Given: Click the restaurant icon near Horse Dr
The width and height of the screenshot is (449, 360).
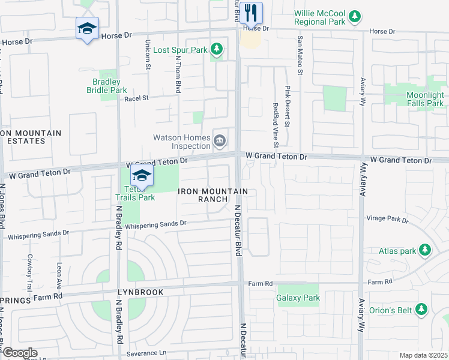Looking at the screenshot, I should [251, 12].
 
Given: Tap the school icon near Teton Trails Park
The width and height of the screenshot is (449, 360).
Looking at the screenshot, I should [142, 175].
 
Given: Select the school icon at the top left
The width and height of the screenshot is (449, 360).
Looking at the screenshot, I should [87, 28].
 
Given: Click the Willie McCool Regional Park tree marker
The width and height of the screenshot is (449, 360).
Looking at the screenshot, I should [355, 15].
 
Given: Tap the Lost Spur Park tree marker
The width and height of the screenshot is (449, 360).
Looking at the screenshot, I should [217, 49].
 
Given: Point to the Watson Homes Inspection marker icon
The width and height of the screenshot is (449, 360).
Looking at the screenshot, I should [220, 142].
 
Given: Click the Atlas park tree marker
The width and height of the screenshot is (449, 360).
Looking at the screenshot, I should [425, 249].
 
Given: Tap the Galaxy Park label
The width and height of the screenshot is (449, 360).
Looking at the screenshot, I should [298, 298].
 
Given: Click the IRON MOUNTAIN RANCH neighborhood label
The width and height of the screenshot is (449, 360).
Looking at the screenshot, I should [213, 195].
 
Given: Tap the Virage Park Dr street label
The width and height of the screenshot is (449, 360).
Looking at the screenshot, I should [385, 220].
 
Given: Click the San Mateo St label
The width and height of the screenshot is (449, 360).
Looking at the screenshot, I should [298, 50].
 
